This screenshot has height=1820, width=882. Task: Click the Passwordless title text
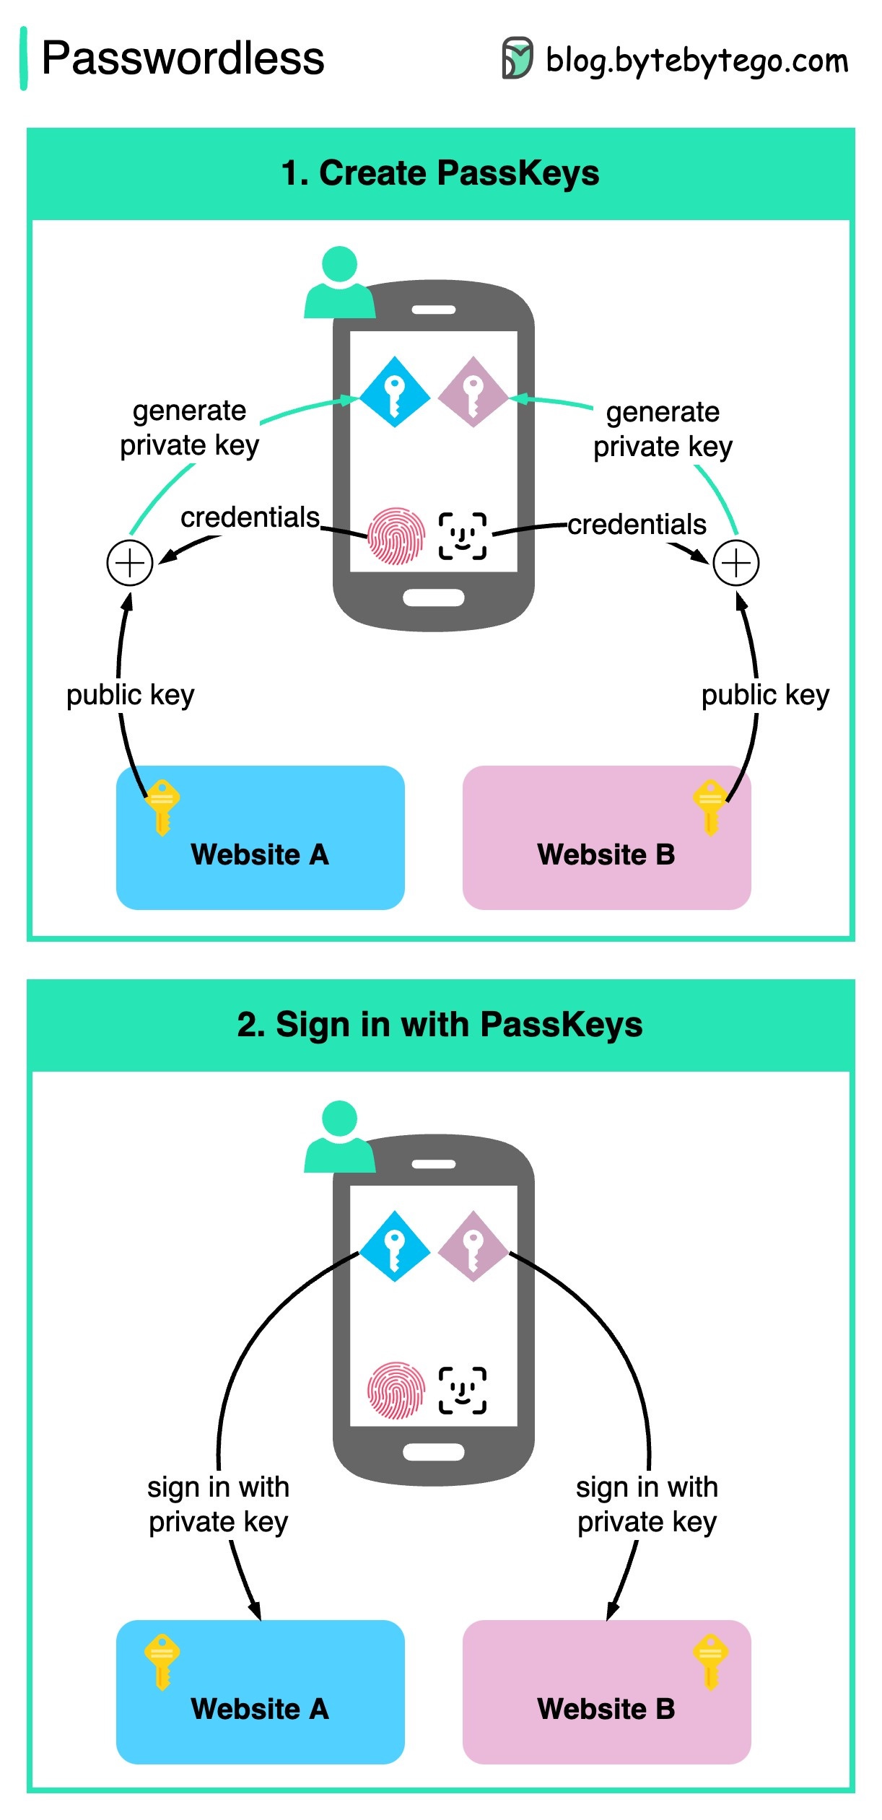click(x=183, y=58)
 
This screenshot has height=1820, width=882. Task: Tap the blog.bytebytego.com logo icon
click(x=517, y=58)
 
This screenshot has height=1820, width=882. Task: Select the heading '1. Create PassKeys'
click(x=440, y=173)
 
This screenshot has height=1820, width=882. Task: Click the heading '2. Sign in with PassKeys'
click(x=440, y=1025)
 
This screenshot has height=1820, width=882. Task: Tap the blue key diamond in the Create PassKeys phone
click(x=394, y=392)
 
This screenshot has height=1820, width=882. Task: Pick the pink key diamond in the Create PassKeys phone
click(x=473, y=392)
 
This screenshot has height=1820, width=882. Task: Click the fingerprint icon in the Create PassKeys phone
click(x=396, y=536)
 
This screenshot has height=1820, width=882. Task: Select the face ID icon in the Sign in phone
click(x=463, y=1390)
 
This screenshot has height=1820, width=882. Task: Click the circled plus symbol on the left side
click(x=130, y=563)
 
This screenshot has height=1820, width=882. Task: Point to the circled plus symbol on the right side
click(x=735, y=563)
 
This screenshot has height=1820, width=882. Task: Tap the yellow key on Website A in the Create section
click(x=162, y=806)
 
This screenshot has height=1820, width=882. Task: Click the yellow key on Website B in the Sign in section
click(x=711, y=1661)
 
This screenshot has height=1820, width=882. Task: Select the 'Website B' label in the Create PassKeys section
click(x=606, y=854)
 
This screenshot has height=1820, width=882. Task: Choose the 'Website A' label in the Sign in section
click(x=260, y=1709)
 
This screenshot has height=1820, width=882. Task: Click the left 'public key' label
click(x=131, y=695)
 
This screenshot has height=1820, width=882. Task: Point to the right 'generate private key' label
click(x=663, y=429)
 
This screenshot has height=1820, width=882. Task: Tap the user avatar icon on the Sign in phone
click(x=340, y=1136)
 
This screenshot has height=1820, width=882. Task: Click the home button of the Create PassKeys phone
click(x=433, y=598)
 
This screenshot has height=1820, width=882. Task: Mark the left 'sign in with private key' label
click(x=218, y=1504)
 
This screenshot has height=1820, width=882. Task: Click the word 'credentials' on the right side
click(x=637, y=525)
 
